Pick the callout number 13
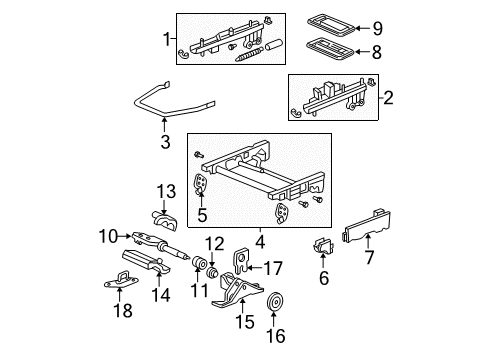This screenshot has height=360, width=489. (x=163, y=190)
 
